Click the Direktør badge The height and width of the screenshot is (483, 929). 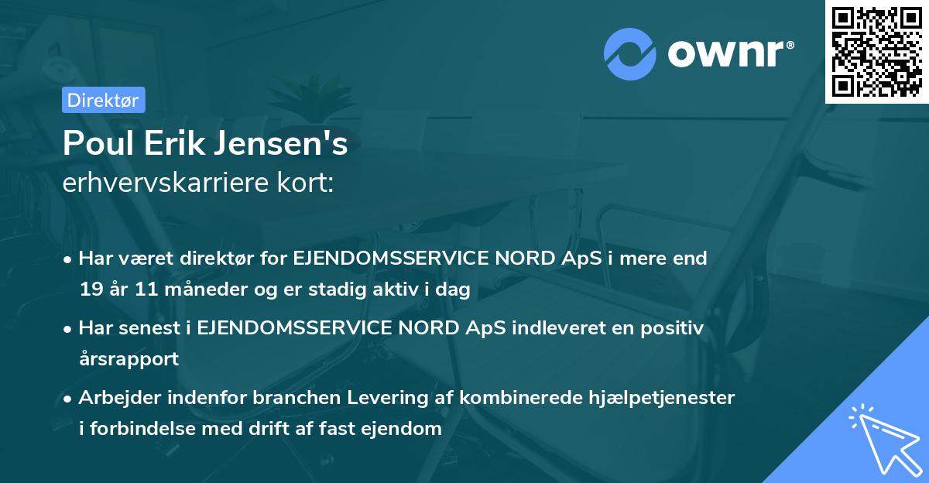click(103, 99)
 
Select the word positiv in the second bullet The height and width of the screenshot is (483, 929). click(676, 328)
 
